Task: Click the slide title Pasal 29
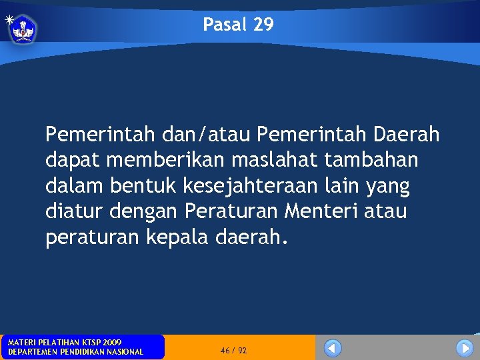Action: tap(238, 25)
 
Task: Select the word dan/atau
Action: tap(207, 135)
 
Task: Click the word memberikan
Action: tap(175, 161)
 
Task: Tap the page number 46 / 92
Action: tap(233, 350)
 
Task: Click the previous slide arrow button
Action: tap(333, 348)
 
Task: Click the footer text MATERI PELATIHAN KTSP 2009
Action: tap(65, 342)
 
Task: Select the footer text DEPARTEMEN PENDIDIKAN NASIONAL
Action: tap(75, 352)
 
